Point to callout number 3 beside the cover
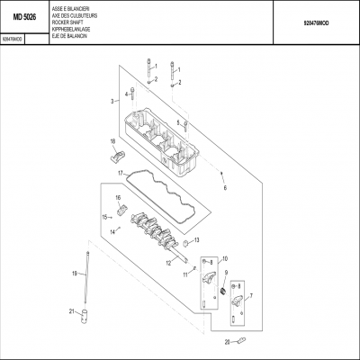coord(112,102)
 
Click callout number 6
coord(226,188)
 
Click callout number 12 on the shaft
coord(168,263)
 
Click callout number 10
coord(225,257)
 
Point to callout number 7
coord(250,295)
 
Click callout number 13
coord(197,239)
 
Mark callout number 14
coord(114,231)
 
